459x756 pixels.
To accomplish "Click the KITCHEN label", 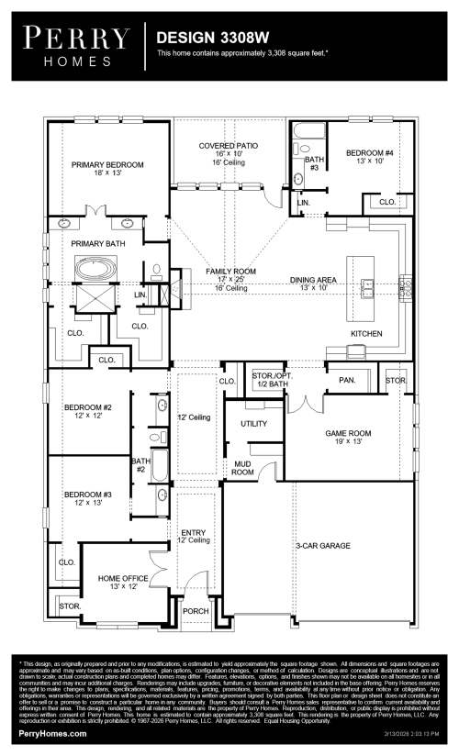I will point(365,333).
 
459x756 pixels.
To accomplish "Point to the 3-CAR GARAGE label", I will point(322,546).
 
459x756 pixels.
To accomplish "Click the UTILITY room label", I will point(253,424).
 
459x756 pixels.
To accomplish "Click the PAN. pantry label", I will point(347,379).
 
